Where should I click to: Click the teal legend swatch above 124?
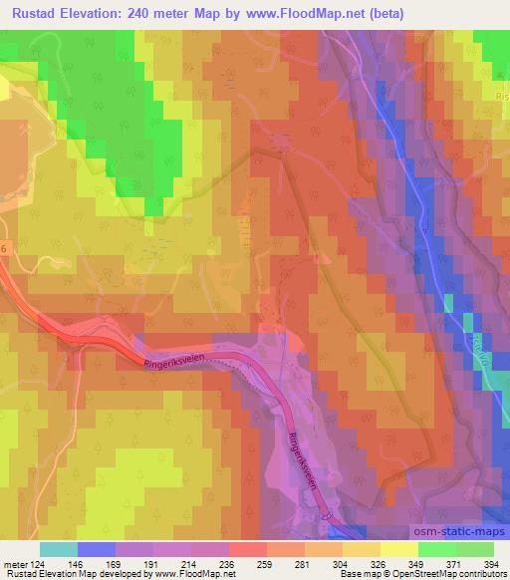point(58,549)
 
